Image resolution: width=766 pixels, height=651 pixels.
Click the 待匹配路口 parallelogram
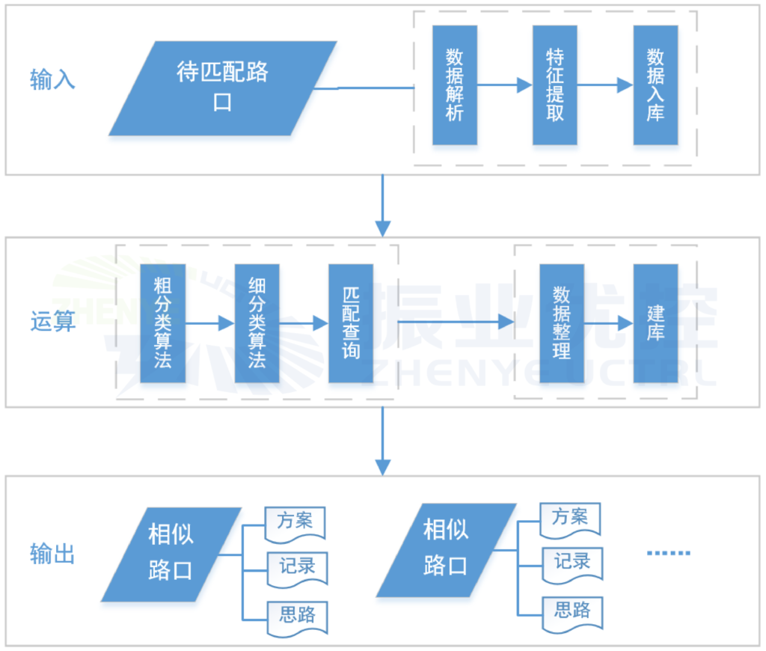click(223, 88)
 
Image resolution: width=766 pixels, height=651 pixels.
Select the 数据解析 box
click(454, 85)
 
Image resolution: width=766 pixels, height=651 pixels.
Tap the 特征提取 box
click(554, 85)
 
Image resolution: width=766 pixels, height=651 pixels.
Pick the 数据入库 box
click(655, 85)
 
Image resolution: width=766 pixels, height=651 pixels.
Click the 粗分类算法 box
click(162, 323)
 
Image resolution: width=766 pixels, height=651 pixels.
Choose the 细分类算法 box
click(257, 323)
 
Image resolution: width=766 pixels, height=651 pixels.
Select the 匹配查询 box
click(350, 323)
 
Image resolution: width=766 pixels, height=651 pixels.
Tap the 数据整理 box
click(561, 323)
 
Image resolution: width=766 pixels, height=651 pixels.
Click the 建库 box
click(655, 323)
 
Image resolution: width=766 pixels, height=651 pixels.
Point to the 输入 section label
click(52, 79)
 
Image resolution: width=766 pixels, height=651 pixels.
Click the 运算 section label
click(52, 323)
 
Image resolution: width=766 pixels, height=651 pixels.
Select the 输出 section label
click(52, 554)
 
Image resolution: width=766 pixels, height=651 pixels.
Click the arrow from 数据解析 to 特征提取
click(504, 85)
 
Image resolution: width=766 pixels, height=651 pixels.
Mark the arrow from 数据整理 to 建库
click(608, 323)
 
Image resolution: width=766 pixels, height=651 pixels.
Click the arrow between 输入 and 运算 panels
click(382, 206)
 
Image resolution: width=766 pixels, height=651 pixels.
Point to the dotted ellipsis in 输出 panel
click(668, 553)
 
